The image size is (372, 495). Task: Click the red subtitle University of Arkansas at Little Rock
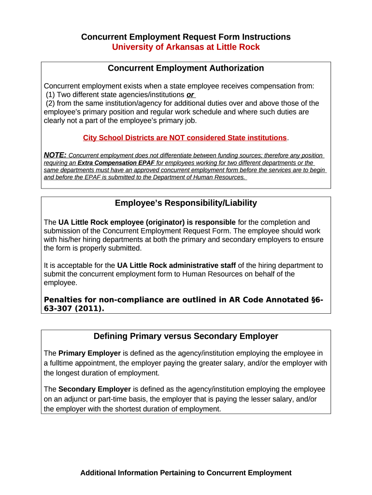[186, 47]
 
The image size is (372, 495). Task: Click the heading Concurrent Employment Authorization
[186, 68]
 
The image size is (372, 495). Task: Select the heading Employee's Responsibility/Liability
[186, 203]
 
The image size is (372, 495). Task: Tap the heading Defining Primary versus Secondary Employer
[186, 336]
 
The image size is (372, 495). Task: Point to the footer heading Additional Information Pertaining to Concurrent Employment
[186, 473]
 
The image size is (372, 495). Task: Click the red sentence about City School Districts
[185, 138]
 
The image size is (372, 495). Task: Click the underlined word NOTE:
[55, 155]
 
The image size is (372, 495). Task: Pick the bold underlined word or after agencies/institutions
[190, 95]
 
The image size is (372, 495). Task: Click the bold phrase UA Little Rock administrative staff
[176, 265]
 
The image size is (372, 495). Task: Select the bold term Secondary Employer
[95, 389]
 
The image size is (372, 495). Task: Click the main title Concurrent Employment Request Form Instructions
[186, 37]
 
